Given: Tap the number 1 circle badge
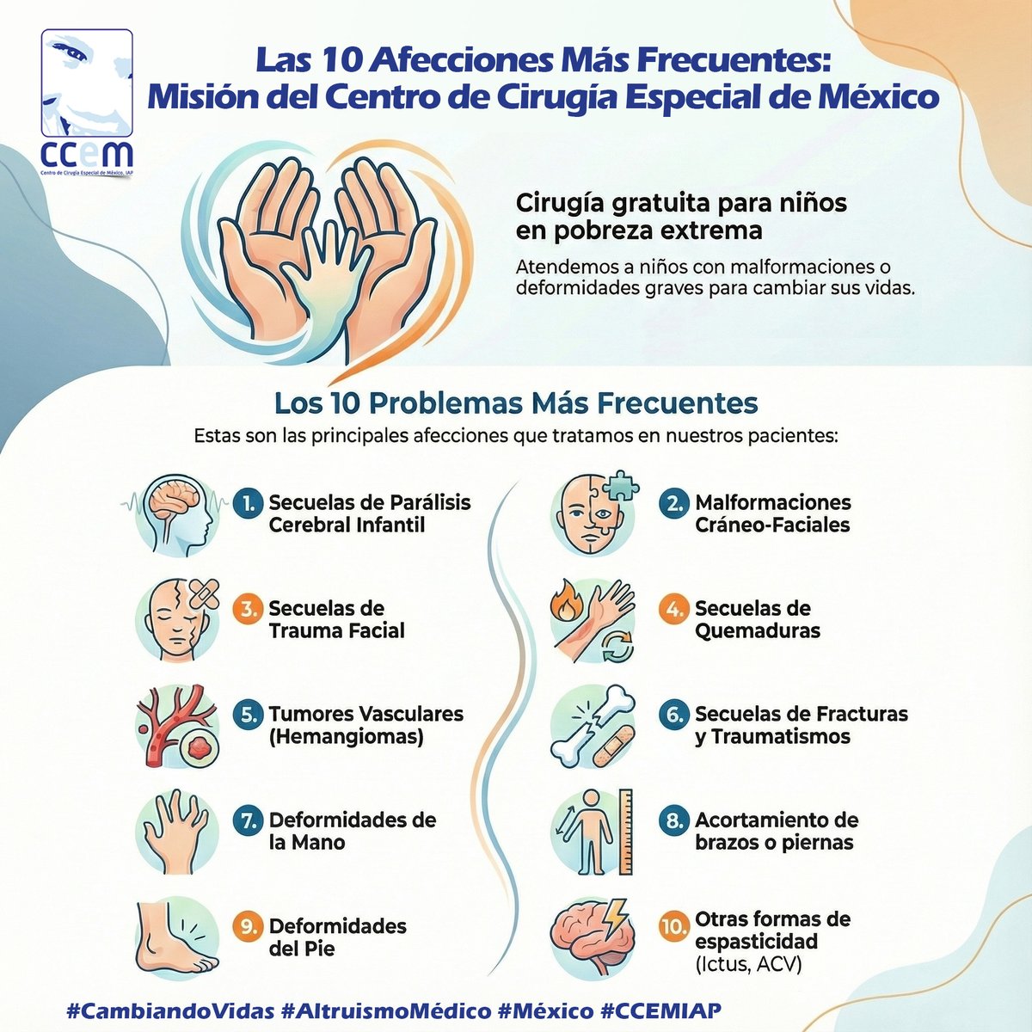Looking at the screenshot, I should [x=247, y=504].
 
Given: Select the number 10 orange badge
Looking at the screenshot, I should [x=673, y=927].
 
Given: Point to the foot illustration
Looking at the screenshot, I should [x=176, y=937].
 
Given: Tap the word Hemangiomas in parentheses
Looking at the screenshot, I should [x=346, y=737].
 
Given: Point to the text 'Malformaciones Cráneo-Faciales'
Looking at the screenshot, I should [x=772, y=513].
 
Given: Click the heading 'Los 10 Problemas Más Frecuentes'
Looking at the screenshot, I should [x=515, y=402].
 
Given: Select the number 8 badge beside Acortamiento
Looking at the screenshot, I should [x=673, y=820].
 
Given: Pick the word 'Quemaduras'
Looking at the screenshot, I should [x=757, y=630].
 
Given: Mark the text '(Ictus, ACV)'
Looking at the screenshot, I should [x=747, y=965].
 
